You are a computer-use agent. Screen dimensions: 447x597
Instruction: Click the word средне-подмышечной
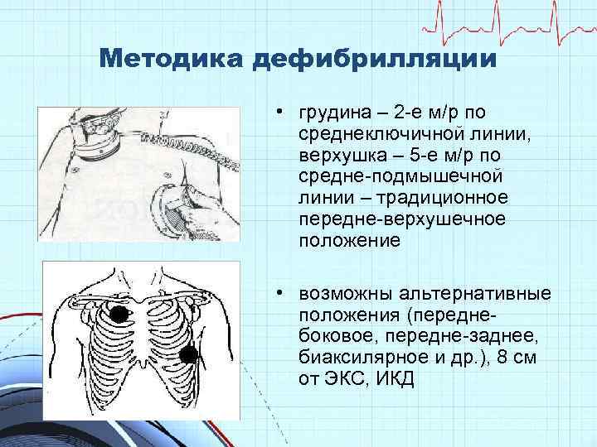click(379, 177)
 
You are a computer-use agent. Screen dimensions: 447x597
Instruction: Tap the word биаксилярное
click(349, 358)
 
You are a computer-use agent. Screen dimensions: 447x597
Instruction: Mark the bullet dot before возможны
click(283, 295)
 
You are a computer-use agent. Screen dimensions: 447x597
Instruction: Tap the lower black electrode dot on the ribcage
click(190, 356)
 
